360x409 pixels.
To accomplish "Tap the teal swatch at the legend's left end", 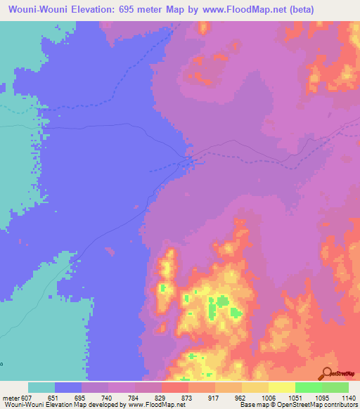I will point(41,387).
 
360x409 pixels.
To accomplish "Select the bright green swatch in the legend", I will point(308,387).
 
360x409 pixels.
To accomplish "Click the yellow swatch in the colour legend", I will point(281,387).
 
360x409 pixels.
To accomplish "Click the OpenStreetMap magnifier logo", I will point(328,372).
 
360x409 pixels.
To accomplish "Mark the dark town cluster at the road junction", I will point(190,162).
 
